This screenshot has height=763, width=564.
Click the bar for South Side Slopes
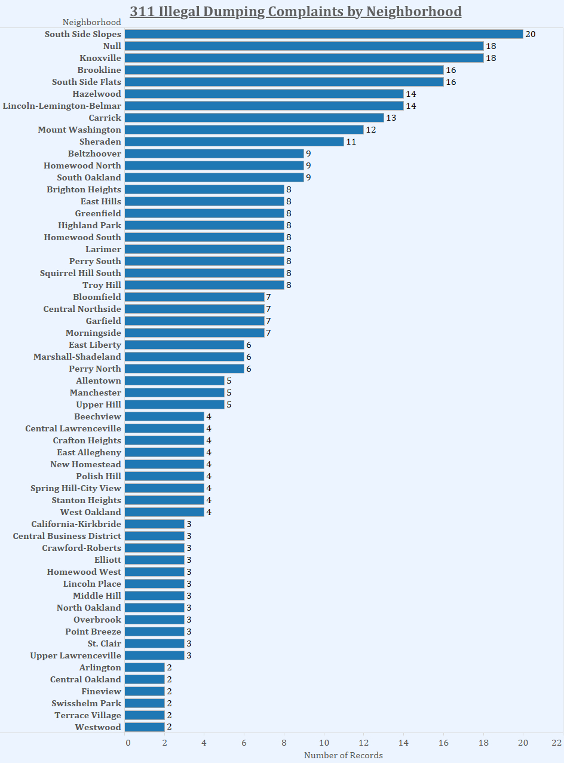coord(323,34)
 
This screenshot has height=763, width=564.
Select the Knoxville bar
coord(304,58)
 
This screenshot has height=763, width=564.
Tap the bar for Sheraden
coord(234,142)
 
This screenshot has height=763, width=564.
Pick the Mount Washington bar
coord(244,130)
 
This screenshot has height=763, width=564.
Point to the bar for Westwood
coord(145,727)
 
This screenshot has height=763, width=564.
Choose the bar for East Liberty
coord(184,345)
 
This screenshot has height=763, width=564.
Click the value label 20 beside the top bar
coord(530,34)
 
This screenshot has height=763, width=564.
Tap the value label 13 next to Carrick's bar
coord(391,118)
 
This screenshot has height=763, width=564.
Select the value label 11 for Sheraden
coord(351,142)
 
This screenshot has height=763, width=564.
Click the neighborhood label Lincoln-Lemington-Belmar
coord(62,106)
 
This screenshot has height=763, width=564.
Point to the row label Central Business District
coord(67,536)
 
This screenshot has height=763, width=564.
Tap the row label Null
coord(112,46)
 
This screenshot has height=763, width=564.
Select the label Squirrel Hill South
coord(81,273)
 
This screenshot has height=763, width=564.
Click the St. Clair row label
coord(105,644)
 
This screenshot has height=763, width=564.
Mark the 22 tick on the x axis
coord(557,743)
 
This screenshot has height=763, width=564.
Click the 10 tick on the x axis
coord(324,743)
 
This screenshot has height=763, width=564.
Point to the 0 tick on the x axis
coord(127,743)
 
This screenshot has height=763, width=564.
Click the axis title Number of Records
coord(344,755)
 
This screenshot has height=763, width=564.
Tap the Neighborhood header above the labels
coord(92,22)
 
